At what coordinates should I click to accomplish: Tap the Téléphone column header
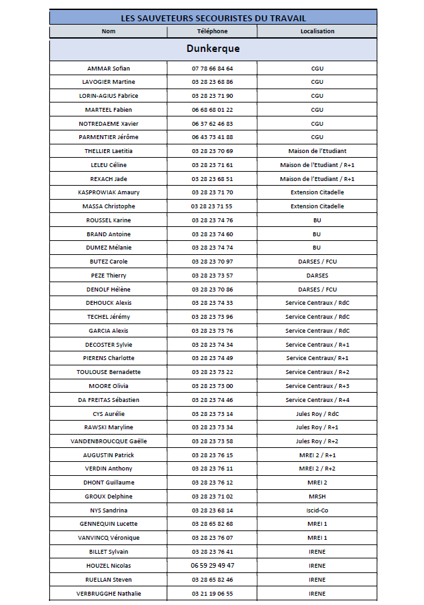212,31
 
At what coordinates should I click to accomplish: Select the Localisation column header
317,31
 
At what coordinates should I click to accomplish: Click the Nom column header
109,31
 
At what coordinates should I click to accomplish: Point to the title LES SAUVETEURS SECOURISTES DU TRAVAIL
213,18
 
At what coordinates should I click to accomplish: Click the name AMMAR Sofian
109,69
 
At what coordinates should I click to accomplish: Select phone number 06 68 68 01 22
212,110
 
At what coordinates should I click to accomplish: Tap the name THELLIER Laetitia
109,151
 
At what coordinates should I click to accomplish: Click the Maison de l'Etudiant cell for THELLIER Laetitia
317,151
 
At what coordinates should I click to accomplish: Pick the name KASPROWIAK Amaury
109,192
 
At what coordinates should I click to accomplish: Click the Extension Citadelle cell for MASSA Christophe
317,206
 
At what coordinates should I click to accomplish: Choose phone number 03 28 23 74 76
212,220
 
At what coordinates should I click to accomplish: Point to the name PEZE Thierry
109,276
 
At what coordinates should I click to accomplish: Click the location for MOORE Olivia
317,386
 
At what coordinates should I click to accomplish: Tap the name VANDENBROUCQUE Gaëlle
109,441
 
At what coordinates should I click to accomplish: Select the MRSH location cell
317,497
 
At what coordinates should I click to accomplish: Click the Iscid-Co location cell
317,510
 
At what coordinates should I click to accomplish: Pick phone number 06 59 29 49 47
212,566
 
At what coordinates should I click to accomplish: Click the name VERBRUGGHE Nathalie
109,594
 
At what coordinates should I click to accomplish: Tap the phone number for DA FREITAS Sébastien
212,400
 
